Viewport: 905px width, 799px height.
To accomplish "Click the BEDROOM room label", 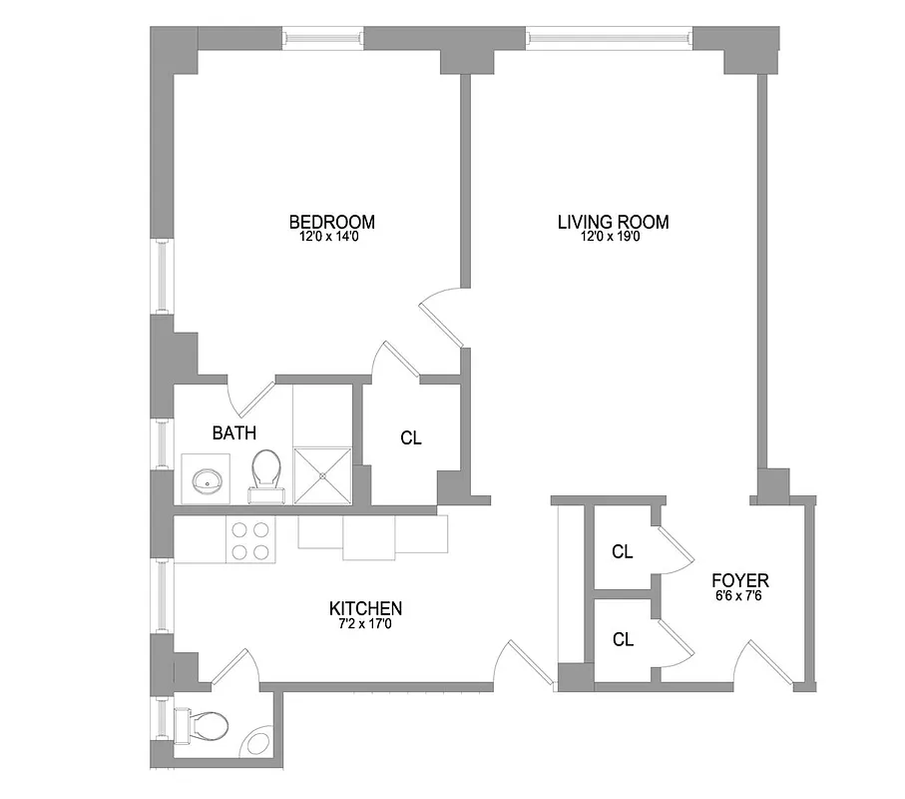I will click(x=331, y=221).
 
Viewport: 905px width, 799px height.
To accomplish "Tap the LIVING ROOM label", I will click(x=613, y=221).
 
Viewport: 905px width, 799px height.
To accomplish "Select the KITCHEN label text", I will click(x=365, y=607).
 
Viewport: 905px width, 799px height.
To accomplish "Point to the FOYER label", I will click(x=739, y=579).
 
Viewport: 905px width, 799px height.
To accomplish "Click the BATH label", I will click(x=234, y=433).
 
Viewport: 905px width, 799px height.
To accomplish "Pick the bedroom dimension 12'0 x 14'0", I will click(x=331, y=238).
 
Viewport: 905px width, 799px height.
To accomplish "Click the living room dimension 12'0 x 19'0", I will click(x=613, y=238).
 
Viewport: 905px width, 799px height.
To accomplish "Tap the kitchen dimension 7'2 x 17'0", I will click(x=365, y=624).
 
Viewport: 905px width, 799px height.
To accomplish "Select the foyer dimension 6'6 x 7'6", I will click(x=739, y=595).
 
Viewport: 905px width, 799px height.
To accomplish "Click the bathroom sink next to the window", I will click(x=208, y=479).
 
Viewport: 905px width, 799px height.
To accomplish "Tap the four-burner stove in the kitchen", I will click(x=250, y=540).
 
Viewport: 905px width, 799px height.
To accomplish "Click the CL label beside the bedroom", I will click(x=410, y=437).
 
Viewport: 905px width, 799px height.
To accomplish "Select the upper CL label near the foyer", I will click(x=623, y=550).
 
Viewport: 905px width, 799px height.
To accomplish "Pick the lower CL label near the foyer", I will click(x=623, y=640).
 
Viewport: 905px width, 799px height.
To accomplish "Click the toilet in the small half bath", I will click(x=201, y=723).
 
